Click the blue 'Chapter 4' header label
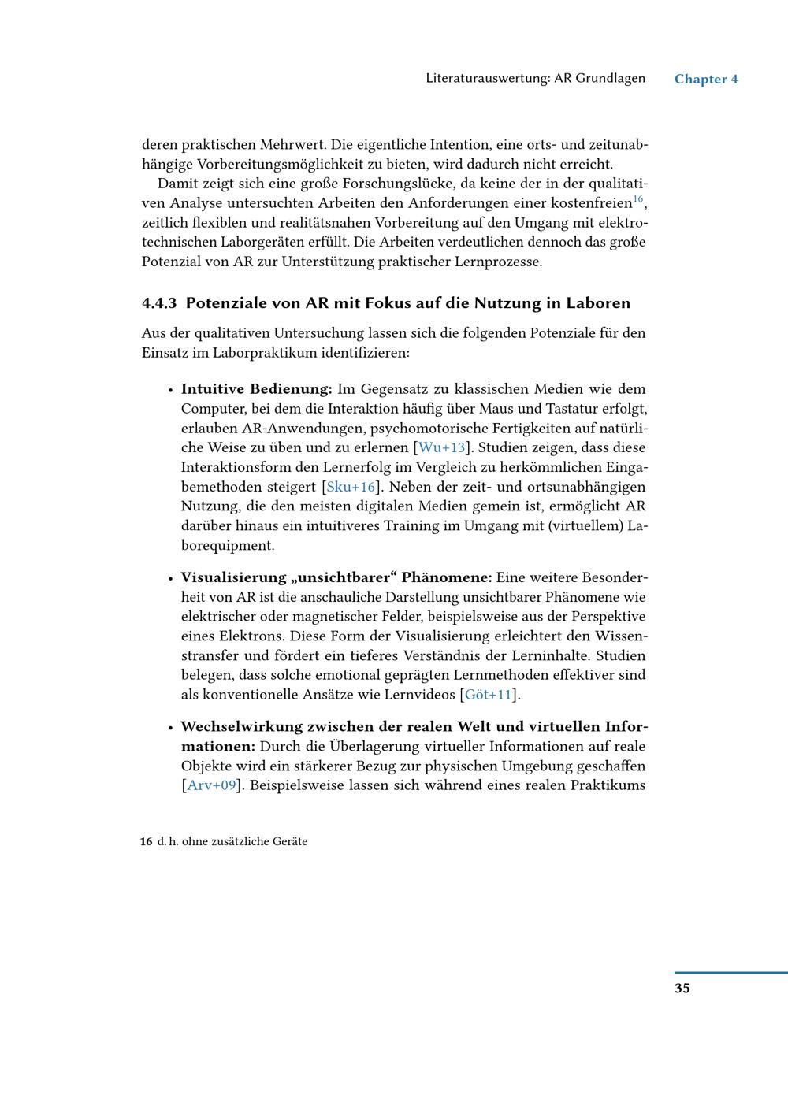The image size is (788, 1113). (x=706, y=79)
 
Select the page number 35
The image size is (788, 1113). (x=682, y=988)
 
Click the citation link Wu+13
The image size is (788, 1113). (x=442, y=448)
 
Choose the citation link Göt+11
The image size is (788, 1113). (x=489, y=695)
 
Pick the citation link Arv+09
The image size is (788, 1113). (x=211, y=785)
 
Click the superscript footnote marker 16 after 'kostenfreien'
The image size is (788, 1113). (x=638, y=200)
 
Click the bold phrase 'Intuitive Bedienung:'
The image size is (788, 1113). (x=257, y=389)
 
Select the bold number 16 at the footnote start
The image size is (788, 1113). (x=147, y=842)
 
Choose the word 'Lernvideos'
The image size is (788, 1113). (x=419, y=695)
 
